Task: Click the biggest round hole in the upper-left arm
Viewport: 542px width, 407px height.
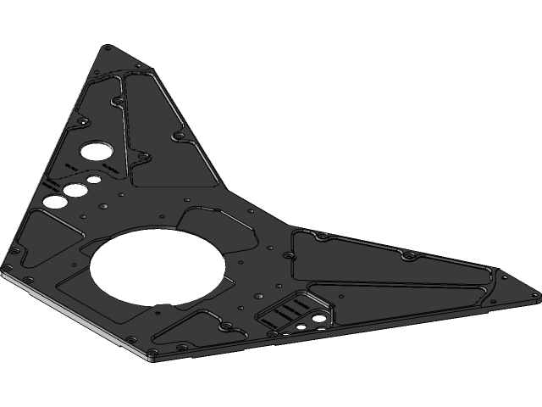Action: pos(92,153)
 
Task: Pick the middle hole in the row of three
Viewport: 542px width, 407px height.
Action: pos(74,190)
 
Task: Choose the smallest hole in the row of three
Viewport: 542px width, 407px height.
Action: pos(88,181)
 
